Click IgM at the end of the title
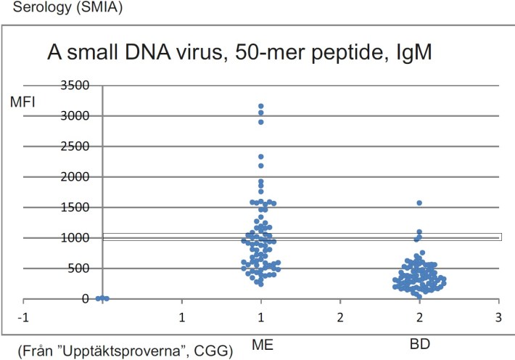point(413,53)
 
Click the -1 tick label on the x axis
point(23,318)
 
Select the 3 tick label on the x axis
point(498,318)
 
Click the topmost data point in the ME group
point(260,107)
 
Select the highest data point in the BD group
point(419,203)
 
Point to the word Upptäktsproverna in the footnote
point(117,352)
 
